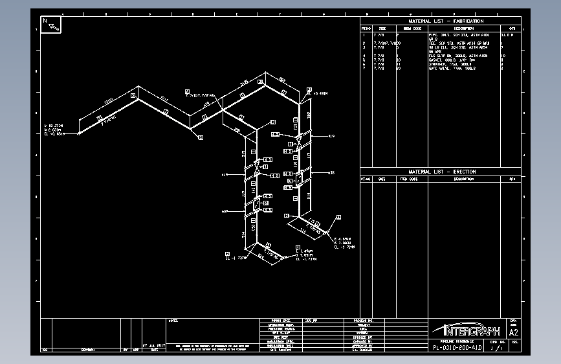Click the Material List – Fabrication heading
tap(441, 21)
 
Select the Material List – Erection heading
tap(441, 172)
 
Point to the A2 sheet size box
tap(514, 332)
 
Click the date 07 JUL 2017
tap(153, 345)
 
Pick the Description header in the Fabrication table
tap(463, 28)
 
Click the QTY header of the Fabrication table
tap(512, 28)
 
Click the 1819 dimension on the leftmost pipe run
tap(108, 100)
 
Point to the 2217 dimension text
tap(164, 99)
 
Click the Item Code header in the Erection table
tap(408, 179)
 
